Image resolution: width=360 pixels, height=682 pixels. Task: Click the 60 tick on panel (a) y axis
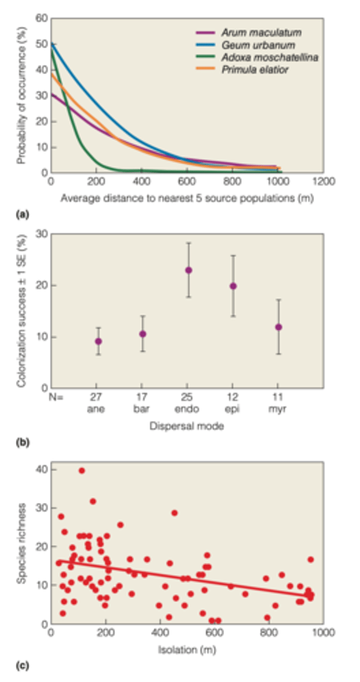coord(41,18)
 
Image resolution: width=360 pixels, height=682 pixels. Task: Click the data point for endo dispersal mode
coord(188,270)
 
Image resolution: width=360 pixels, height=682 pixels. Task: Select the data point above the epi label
coord(233,286)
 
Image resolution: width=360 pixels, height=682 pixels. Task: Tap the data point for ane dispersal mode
coord(98,342)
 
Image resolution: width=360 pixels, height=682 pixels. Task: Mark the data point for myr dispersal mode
coord(278,327)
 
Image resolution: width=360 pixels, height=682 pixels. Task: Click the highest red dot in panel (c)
coord(82,471)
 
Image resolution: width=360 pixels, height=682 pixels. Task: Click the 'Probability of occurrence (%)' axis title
coord(22,95)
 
